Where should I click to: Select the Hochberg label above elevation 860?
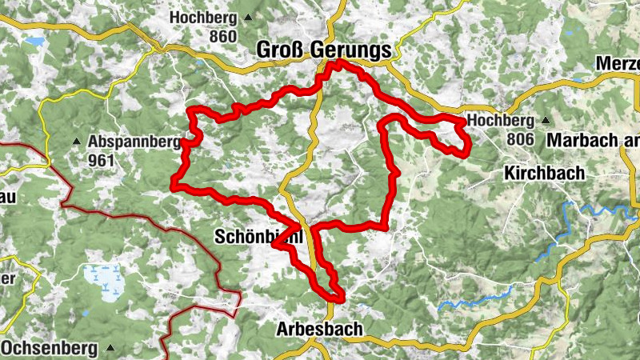(203, 17)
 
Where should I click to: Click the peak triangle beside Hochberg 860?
(248, 17)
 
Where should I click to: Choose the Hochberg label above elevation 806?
(501, 120)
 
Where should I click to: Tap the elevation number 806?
(519, 139)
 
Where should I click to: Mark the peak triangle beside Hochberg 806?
(546, 120)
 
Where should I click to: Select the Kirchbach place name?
(545, 173)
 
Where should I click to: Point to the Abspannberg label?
(134, 142)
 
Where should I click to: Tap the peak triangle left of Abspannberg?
(77, 142)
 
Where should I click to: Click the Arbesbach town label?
(319, 329)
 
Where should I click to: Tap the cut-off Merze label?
(618, 64)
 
